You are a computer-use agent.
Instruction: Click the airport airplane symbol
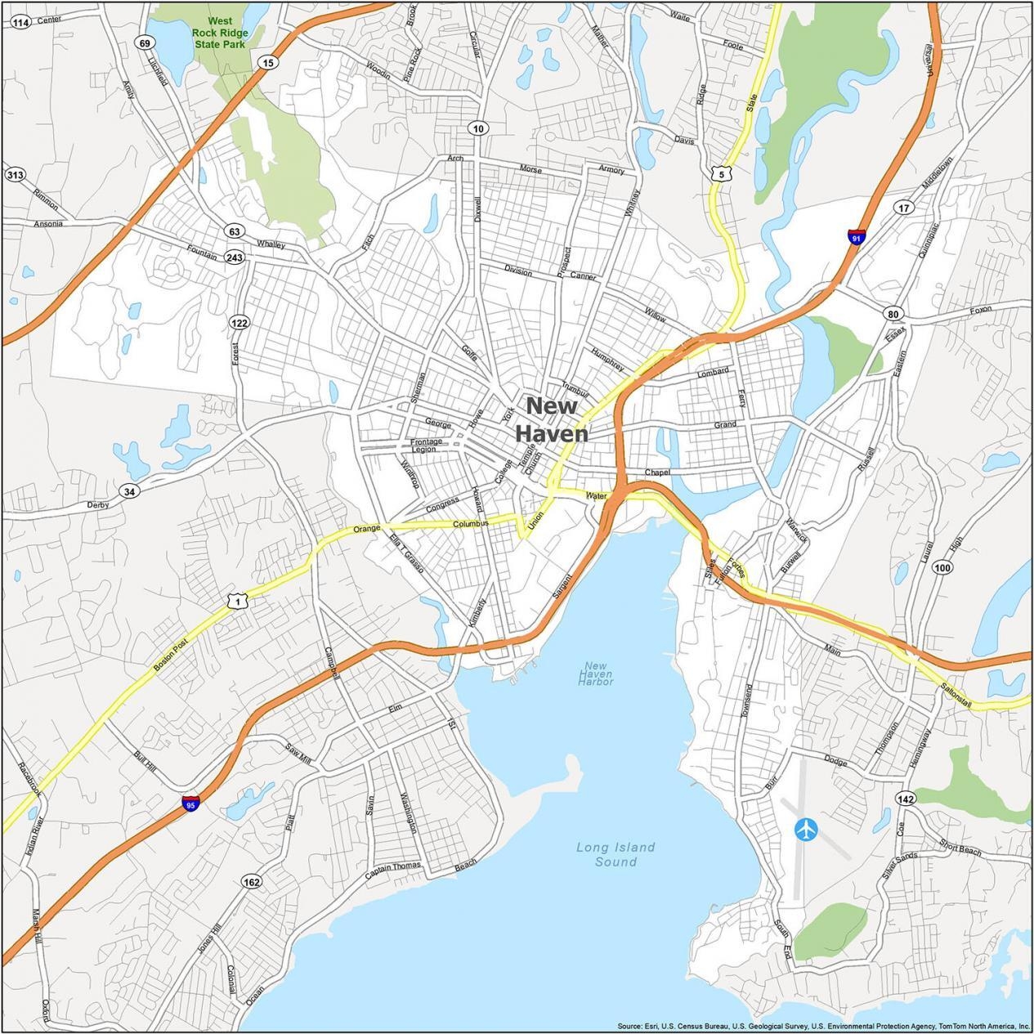[x=805, y=829]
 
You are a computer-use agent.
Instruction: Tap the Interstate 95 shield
[x=190, y=803]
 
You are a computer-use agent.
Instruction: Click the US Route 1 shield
[x=236, y=601]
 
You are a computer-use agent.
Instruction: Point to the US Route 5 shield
[x=718, y=173]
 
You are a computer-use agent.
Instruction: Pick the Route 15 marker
[x=267, y=62]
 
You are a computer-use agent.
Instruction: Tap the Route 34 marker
[x=128, y=491]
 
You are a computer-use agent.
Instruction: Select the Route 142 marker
[x=905, y=798]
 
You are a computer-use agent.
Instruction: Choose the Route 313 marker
[x=15, y=174]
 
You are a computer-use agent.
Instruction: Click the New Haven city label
[x=552, y=419]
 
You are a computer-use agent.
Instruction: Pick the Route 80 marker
[x=892, y=314]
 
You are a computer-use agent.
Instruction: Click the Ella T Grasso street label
[x=406, y=553]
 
